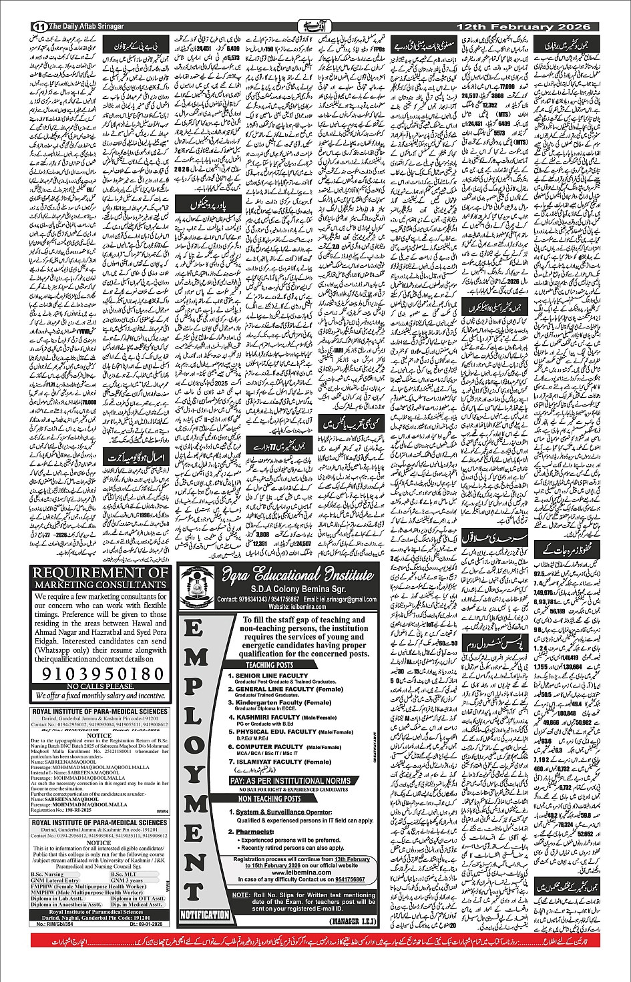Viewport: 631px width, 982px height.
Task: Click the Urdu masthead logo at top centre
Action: [x=314, y=26]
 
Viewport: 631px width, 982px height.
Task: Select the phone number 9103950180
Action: [x=100, y=674]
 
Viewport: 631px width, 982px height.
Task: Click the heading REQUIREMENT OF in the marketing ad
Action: [x=100, y=573]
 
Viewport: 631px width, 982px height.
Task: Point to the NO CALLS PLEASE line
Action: [x=100, y=686]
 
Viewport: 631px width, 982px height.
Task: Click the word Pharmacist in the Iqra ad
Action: [x=255, y=832]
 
